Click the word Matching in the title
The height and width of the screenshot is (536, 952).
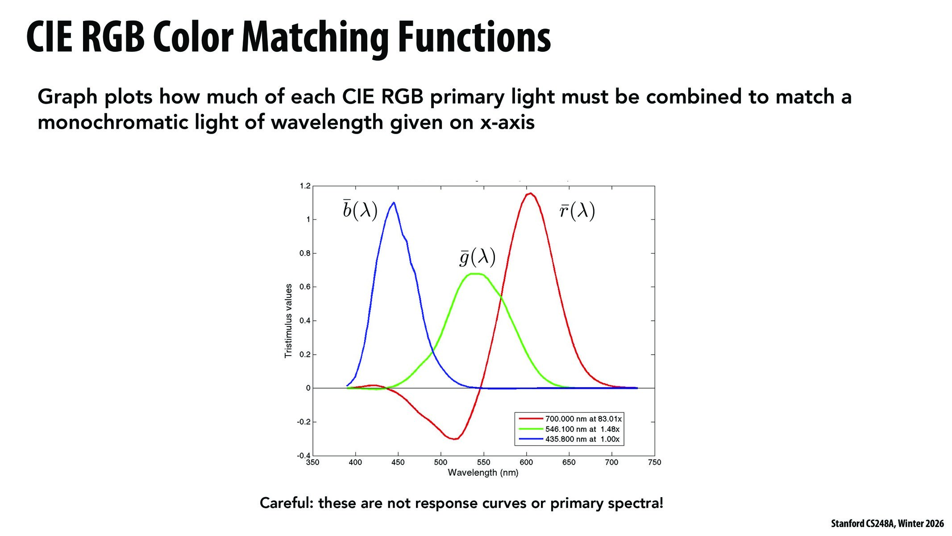[x=314, y=38]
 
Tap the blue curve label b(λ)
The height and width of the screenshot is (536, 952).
[x=360, y=210]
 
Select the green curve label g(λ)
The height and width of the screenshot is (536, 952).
[x=478, y=257]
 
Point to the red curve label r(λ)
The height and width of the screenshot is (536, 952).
[x=577, y=211]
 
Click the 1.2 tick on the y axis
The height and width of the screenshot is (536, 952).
[x=305, y=186]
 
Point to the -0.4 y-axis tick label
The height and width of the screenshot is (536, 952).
[x=303, y=456]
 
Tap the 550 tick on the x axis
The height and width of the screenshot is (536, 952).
[x=483, y=462]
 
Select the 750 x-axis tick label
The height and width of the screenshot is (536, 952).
[x=654, y=462]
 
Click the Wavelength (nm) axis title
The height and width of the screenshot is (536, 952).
[x=483, y=473]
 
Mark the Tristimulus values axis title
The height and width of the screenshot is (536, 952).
[x=288, y=321]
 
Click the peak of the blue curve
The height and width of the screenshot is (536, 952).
[x=393, y=202]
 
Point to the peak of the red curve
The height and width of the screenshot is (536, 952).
[x=530, y=193]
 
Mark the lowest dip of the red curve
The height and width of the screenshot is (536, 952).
[x=454, y=439]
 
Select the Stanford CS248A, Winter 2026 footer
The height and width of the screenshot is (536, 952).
[x=887, y=523]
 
